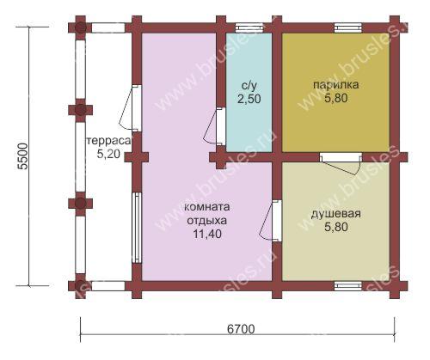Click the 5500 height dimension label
pos(23,156)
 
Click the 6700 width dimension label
pos(241,329)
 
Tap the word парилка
pos(335,85)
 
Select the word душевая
pos(336,214)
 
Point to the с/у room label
pos(249,86)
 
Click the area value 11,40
pos(207,234)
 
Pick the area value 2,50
pos(249,99)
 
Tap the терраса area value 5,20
pos(108,155)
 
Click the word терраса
pos(108,141)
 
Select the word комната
pos(206,207)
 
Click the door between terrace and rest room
pos(131,107)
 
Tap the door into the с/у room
pos(215,126)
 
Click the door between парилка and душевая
pos(341,162)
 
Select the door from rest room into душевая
pos(271,220)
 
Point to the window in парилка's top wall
pos(348,27)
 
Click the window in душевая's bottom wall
pos(348,285)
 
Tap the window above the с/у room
pos(249,27)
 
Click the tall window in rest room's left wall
pos(138,228)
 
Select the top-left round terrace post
pos(81,28)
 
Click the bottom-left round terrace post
pos(81,286)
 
